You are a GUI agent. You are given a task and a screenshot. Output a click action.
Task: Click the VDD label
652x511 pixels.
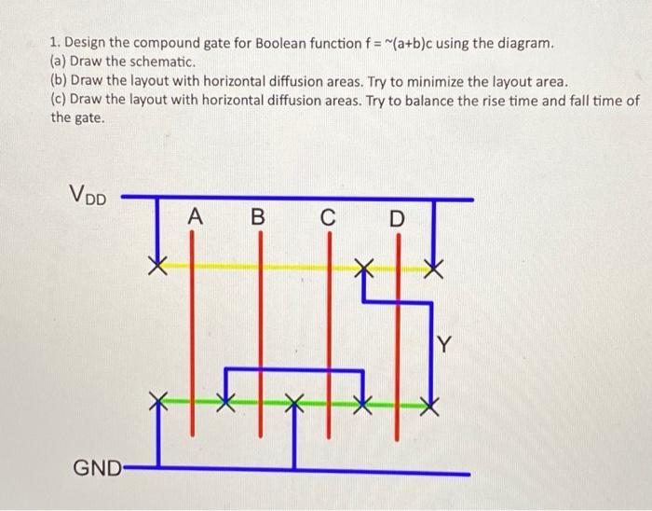coord(88,197)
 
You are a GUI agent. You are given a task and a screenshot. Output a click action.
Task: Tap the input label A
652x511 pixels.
coord(194,217)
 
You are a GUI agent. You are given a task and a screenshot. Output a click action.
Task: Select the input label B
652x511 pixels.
coord(259,219)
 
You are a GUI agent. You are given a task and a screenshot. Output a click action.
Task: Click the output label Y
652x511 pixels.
coord(444,347)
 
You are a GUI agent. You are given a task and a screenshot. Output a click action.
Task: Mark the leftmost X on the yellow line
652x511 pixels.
coord(160,267)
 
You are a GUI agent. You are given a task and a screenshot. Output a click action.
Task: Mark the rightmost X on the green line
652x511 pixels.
coord(429,405)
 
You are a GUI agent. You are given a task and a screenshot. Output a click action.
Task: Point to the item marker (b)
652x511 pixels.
coord(60,80)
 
